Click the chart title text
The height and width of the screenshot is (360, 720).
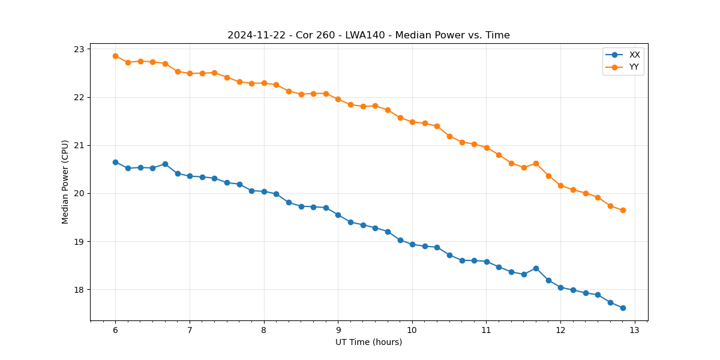[368, 35]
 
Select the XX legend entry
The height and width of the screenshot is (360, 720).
[634, 55]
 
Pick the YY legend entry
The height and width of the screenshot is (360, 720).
[634, 67]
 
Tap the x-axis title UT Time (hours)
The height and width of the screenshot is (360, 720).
[368, 342]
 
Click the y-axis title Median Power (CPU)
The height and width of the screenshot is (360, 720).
[65, 182]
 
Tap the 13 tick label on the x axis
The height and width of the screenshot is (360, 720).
[635, 331]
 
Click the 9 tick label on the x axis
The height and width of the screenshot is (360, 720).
[338, 331]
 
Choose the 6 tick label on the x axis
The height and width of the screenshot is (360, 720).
[115, 331]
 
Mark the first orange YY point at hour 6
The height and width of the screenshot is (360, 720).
[115, 56]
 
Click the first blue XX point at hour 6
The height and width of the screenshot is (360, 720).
[115, 162]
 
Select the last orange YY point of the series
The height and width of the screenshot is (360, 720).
[623, 210]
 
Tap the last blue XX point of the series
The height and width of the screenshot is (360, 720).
[623, 308]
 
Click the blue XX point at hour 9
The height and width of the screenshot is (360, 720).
[338, 215]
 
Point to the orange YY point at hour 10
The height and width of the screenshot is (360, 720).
[412, 122]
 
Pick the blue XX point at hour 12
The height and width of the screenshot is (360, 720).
[560, 287]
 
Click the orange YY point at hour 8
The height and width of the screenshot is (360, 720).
[264, 83]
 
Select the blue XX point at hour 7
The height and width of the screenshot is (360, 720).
[190, 176]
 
